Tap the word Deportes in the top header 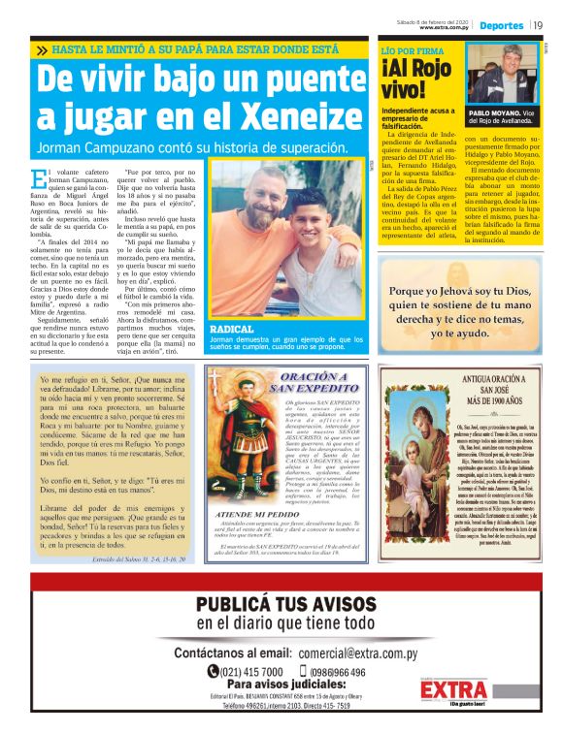point(501,24)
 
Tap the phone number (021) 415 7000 point(246,671)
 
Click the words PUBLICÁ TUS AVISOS point(281,605)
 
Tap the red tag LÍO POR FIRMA point(414,48)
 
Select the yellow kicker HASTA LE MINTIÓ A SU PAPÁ point(194,48)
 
